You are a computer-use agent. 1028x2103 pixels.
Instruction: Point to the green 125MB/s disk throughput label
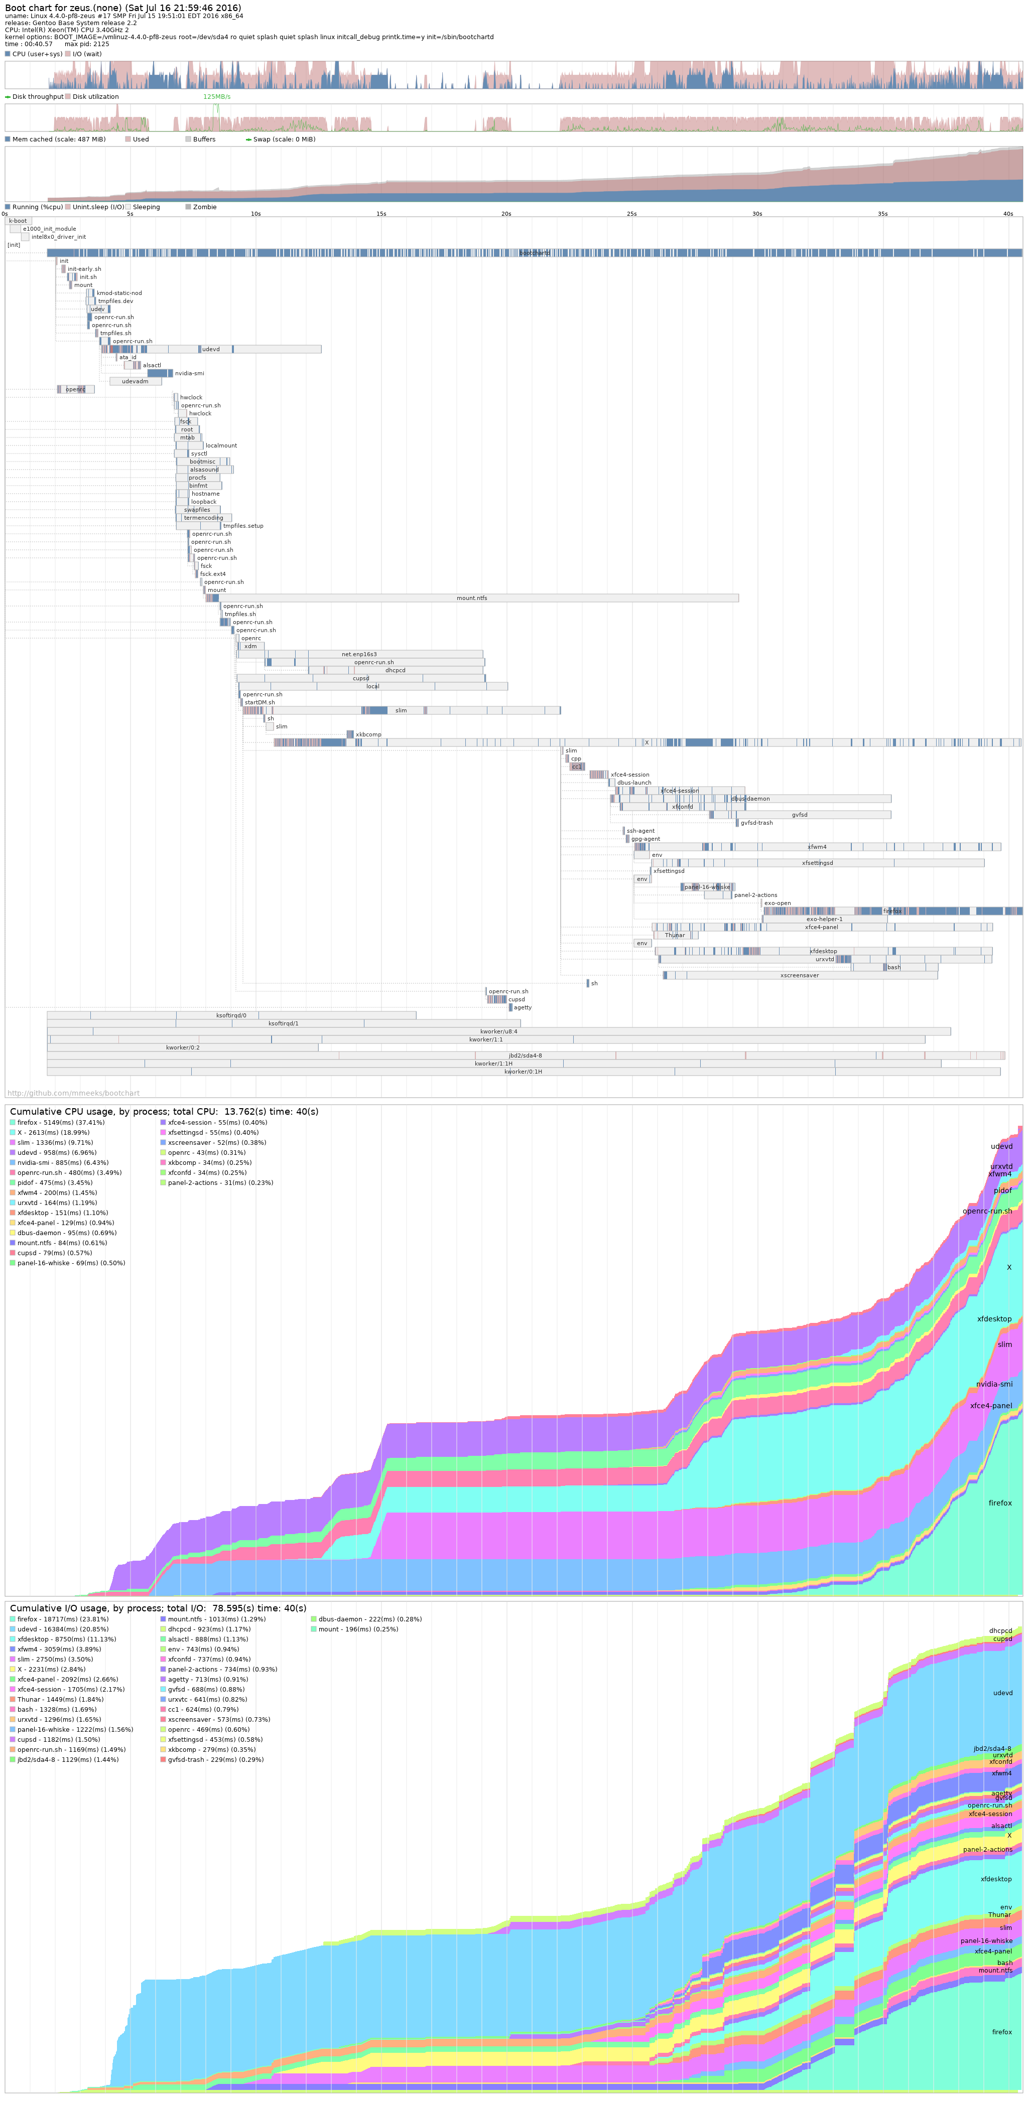pos(216,96)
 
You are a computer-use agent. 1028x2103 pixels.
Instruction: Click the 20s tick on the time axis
pos(506,214)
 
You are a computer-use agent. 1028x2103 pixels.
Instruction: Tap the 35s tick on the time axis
pos(882,214)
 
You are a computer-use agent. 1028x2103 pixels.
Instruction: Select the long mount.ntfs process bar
pos(472,598)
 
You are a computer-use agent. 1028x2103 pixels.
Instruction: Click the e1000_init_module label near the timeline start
pos(49,229)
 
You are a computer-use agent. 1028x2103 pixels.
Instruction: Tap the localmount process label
pos(221,446)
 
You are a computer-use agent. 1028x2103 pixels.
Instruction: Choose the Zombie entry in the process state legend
pos(204,207)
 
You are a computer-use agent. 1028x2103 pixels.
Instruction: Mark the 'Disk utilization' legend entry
pos(95,96)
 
